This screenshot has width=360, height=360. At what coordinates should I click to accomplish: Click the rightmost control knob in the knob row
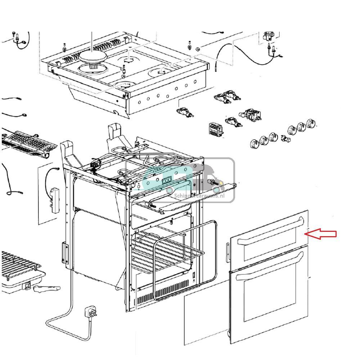(x=311, y=124)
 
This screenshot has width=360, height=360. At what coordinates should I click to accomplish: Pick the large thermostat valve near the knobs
(x=251, y=114)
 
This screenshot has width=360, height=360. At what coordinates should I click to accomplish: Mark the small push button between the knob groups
(x=286, y=138)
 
